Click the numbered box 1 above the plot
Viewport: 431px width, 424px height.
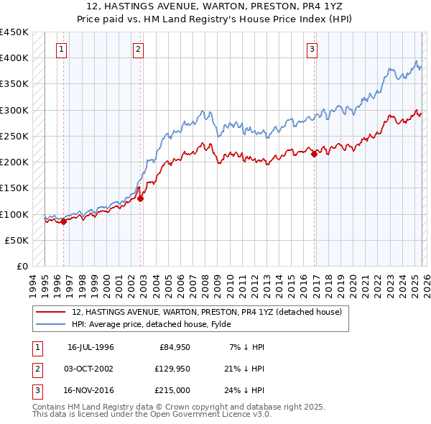62,50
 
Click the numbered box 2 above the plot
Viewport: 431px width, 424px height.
138,50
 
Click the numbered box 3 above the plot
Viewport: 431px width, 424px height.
312,50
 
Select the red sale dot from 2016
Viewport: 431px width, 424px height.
314,153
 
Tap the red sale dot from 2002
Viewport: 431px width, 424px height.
141,199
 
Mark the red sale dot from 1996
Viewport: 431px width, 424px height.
64,221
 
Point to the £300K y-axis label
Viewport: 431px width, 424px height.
14,110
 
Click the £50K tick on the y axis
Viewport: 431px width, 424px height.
17,240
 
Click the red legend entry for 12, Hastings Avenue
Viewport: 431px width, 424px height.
210,312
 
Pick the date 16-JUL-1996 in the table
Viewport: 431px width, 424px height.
91,347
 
